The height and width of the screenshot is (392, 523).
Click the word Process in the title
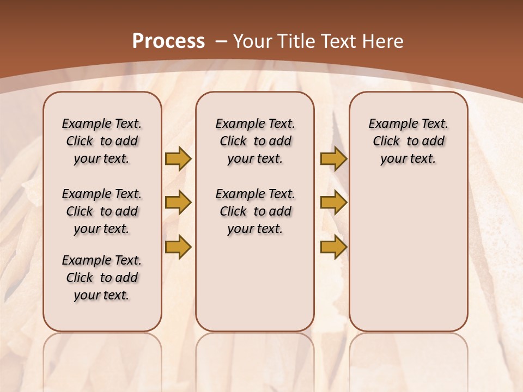click(168, 41)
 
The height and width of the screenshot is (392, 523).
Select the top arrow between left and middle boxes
click(178, 158)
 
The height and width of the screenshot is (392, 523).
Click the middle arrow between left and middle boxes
click(178, 203)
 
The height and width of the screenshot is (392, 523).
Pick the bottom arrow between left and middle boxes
click(178, 247)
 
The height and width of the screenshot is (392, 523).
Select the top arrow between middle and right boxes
click(333, 158)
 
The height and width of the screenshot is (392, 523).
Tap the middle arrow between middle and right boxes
click(333, 203)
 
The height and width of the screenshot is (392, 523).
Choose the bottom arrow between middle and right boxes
click(333, 247)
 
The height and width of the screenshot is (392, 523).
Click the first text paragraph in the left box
click(102, 141)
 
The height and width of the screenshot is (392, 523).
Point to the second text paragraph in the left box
click(102, 211)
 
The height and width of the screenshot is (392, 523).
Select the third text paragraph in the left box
click(102, 278)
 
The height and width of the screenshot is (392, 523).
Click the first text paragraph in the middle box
click(255, 141)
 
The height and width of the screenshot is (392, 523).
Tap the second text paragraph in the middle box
click(255, 211)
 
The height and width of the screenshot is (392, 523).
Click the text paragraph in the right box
click(409, 141)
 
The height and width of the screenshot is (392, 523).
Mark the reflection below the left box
click(102, 359)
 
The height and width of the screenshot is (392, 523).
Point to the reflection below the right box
click(409, 359)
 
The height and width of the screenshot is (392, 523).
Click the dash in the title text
click(221, 41)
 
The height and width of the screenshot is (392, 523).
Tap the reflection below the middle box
click(255, 359)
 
